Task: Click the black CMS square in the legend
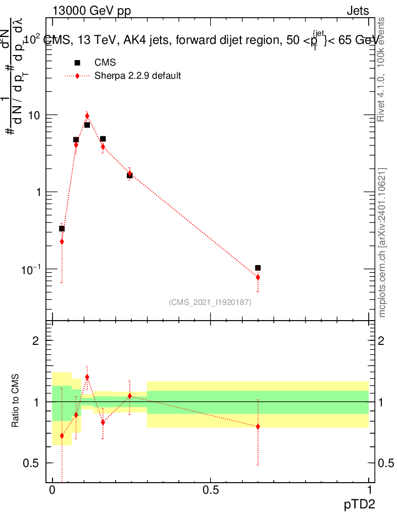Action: pos(77,63)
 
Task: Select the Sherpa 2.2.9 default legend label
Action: pos(138,76)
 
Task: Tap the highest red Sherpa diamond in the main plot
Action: pos(87,116)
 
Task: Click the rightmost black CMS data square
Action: pos(258,268)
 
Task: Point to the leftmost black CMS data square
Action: pos(62,229)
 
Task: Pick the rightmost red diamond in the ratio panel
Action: pos(258,427)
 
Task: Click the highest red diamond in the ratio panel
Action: pos(87,377)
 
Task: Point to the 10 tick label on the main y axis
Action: pos(33,115)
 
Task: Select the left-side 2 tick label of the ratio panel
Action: pos(35,341)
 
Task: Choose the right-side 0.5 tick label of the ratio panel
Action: pos(386,463)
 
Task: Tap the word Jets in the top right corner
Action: pos(358,11)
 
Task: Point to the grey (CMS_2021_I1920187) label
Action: pos(210,302)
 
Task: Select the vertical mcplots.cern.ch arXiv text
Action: pos(383,242)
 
